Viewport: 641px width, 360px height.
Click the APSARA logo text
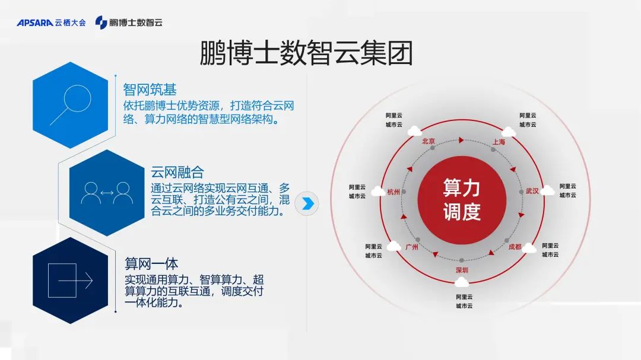pyautogui.click(x=35, y=23)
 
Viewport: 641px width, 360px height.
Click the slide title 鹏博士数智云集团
pyautogui.click(x=306, y=53)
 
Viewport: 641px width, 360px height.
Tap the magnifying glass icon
pyautogui.click(x=71, y=104)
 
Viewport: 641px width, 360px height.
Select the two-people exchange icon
pyautogui.click(x=107, y=193)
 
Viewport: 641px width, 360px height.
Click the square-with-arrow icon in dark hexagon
pyautogui.click(x=70, y=281)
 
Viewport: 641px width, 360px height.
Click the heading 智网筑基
pyautogui.click(x=150, y=90)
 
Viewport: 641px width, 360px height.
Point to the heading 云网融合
pyautogui.click(x=177, y=172)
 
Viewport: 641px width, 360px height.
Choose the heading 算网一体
pyautogui.click(x=151, y=263)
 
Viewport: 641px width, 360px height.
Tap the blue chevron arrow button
pyautogui.click(x=307, y=203)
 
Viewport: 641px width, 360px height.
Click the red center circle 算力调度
pyautogui.click(x=462, y=200)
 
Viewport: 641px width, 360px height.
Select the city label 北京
pyautogui.click(x=429, y=141)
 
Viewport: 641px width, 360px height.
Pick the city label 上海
pyautogui.click(x=499, y=142)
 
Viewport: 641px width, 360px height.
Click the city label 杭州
pyautogui.click(x=394, y=192)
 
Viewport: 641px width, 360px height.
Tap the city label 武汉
pyautogui.click(x=532, y=191)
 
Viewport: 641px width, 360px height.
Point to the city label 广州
pyautogui.click(x=412, y=247)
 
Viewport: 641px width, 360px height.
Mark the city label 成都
pyautogui.click(x=515, y=247)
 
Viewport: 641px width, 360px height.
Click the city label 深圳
pyautogui.click(x=462, y=270)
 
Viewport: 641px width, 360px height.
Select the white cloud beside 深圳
pyautogui.click(x=462, y=282)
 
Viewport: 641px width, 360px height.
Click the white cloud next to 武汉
pyautogui.click(x=547, y=190)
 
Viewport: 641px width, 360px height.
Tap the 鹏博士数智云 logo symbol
pyautogui.click(x=101, y=23)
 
